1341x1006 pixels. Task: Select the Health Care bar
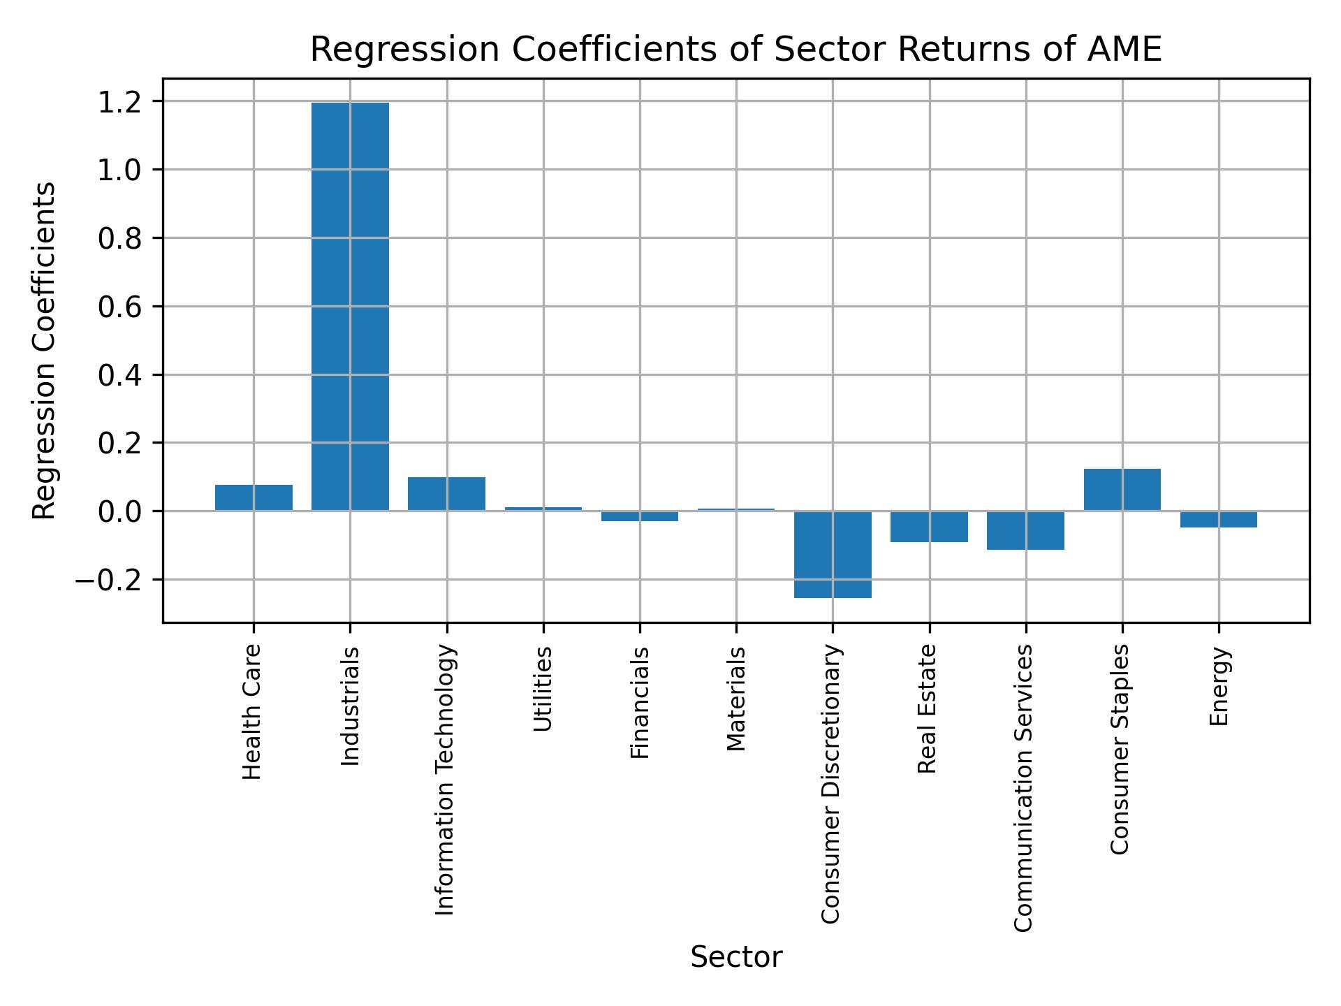coord(254,497)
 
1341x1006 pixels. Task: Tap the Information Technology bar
coord(446,494)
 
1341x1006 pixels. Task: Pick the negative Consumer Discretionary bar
coord(833,554)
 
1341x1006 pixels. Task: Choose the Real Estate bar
coord(929,526)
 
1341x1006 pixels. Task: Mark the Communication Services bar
coord(1025,530)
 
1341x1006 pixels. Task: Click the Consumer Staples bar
coord(1122,490)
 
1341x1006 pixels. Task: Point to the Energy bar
coord(1218,518)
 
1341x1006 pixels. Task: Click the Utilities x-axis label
coord(543,689)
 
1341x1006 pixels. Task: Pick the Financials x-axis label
coord(640,702)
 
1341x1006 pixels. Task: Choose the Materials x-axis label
coord(736,699)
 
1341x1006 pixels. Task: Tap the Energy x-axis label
coord(1219,687)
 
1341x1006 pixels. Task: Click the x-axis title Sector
coord(736,957)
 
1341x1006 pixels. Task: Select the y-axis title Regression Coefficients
coord(45,351)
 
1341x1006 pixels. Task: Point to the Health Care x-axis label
coord(252,712)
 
